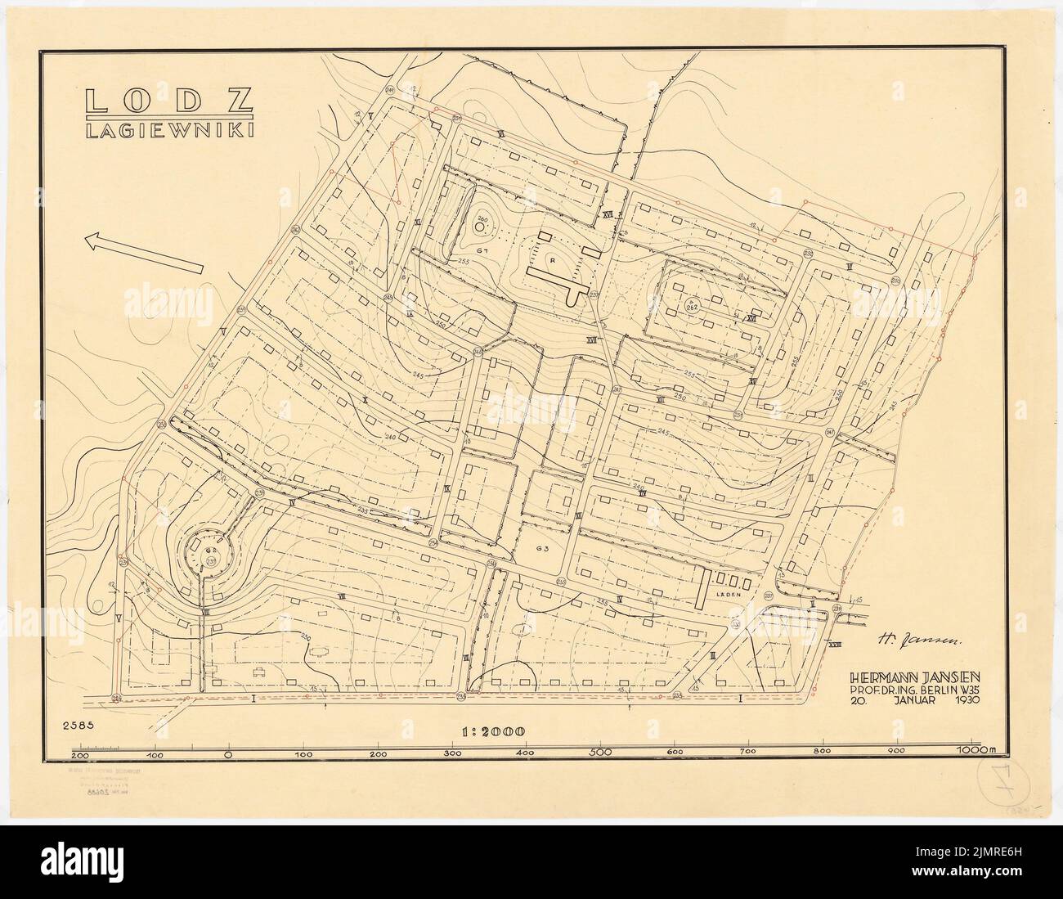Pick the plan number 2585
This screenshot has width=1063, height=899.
[x=78, y=724]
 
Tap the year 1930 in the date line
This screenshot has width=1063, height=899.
[x=972, y=700]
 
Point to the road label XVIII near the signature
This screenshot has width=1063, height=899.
[x=835, y=645]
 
